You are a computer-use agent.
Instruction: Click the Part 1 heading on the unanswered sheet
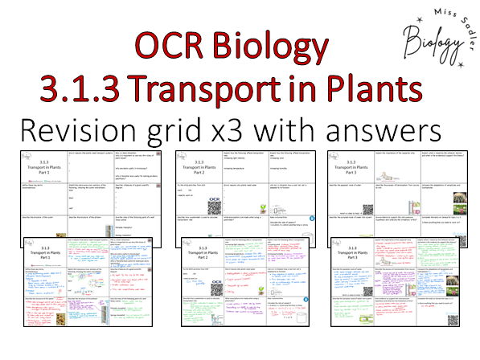point(47,170)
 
